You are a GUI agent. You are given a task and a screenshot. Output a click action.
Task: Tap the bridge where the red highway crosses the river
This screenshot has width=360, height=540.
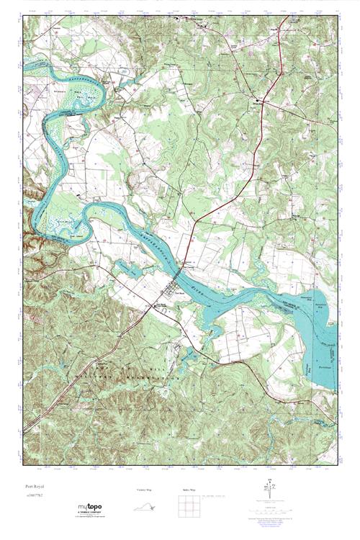[186, 264]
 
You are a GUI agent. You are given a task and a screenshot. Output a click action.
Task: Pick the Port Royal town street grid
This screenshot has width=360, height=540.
[173, 292]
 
